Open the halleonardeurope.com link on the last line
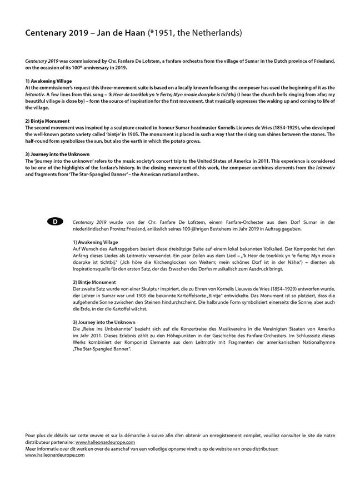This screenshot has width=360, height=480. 55,454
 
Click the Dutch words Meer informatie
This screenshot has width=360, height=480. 43,448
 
